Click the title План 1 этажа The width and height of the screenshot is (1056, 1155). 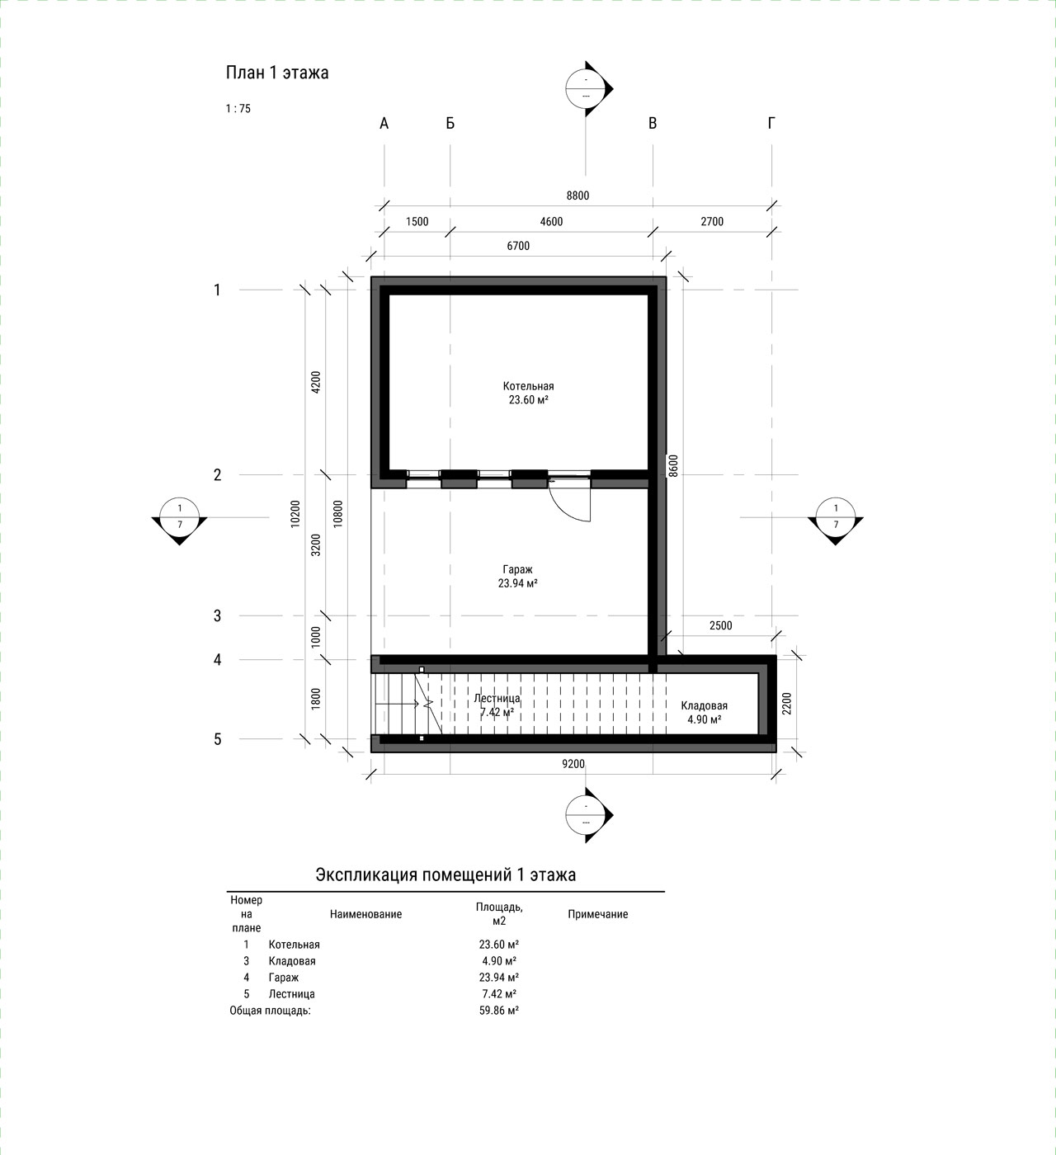[x=277, y=73]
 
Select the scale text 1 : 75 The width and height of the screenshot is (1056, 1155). [x=238, y=109]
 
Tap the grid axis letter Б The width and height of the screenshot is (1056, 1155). [x=450, y=123]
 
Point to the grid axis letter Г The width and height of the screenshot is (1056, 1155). [x=771, y=123]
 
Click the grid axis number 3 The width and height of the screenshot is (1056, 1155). [x=217, y=615]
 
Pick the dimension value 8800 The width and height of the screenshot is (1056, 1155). [x=577, y=196]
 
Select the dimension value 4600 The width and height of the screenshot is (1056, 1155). [x=551, y=222]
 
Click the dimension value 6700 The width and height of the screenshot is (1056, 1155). [x=518, y=246]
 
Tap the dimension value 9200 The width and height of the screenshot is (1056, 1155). [x=573, y=763]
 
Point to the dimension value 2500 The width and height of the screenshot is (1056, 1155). [x=721, y=625]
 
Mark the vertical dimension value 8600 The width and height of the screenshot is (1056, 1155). [x=673, y=465]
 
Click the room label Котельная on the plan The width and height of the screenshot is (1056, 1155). [x=529, y=386]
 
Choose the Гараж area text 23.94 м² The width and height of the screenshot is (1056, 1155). [x=517, y=583]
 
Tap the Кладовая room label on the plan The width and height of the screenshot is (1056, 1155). [x=705, y=705]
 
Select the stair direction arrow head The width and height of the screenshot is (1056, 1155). [x=416, y=704]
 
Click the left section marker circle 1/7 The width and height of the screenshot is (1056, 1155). [x=180, y=517]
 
